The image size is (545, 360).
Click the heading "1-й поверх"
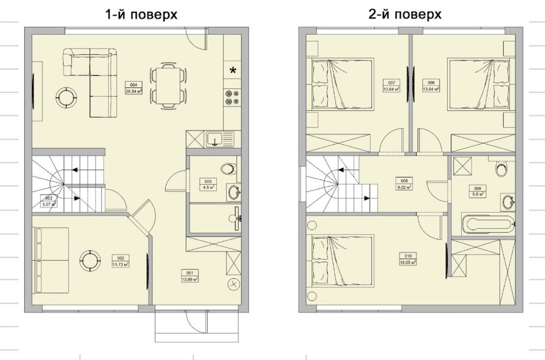click(x=141, y=15)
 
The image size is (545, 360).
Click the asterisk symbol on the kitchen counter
click(x=233, y=70)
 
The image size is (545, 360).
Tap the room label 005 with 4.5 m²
click(x=208, y=184)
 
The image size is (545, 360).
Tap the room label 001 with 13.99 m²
click(x=191, y=276)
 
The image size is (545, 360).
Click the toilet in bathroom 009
click(x=499, y=169)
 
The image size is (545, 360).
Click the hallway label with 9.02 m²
click(x=404, y=184)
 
